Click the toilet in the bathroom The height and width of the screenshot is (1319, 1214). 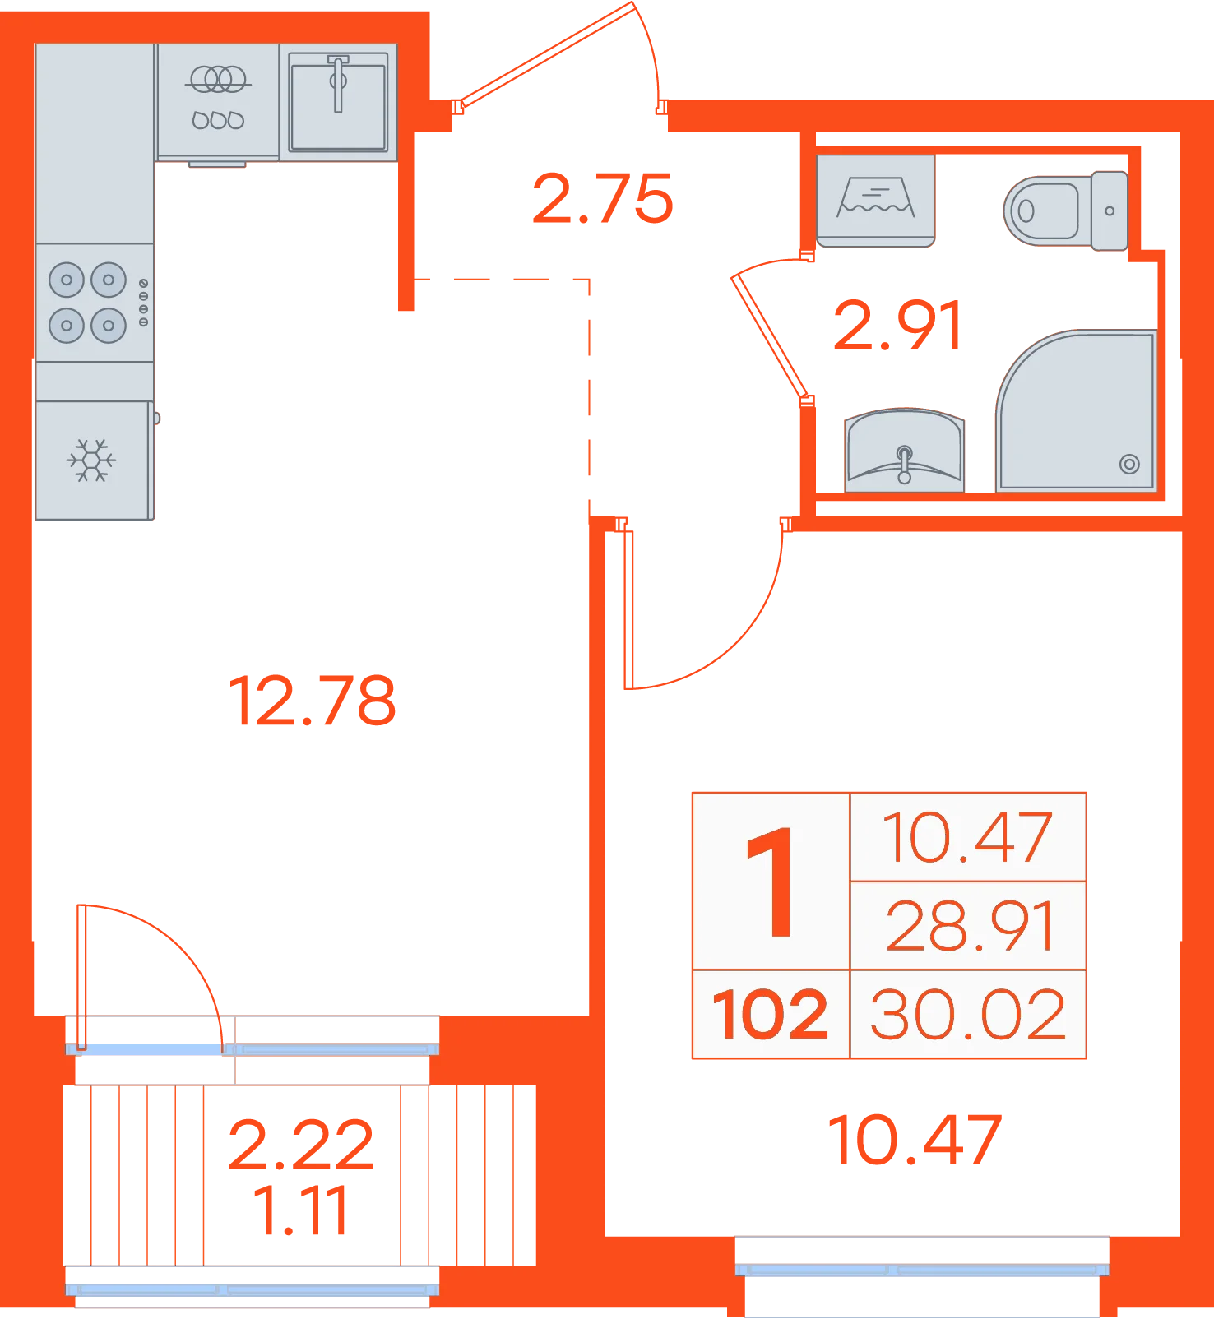(x=1066, y=211)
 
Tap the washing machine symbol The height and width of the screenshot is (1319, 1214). (x=876, y=201)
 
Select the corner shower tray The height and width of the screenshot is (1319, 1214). (x=1077, y=410)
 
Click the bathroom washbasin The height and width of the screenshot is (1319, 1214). (x=905, y=450)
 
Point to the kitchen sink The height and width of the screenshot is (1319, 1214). (x=338, y=102)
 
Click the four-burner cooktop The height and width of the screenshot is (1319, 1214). (x=95, y=302)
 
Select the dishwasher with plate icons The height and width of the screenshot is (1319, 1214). (x=218, y=102)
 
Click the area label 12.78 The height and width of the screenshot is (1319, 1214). (x=312, y=701)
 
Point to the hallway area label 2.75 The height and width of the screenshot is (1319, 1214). (x=603, y=199)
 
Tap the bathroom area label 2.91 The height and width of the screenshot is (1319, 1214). (x=897, y=326)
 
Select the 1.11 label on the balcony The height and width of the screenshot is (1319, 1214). (x=300, y=1210)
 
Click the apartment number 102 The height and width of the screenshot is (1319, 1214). (x=770, y=1015)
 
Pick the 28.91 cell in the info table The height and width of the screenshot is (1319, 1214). (x=968, y=926)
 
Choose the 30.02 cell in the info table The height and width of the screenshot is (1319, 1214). (x=968, y=1015)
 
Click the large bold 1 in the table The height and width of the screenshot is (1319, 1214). (x=771, y=882)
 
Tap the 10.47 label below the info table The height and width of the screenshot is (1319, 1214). (x=915, y=1140)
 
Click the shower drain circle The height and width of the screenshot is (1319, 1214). (x=1129, y=465)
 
